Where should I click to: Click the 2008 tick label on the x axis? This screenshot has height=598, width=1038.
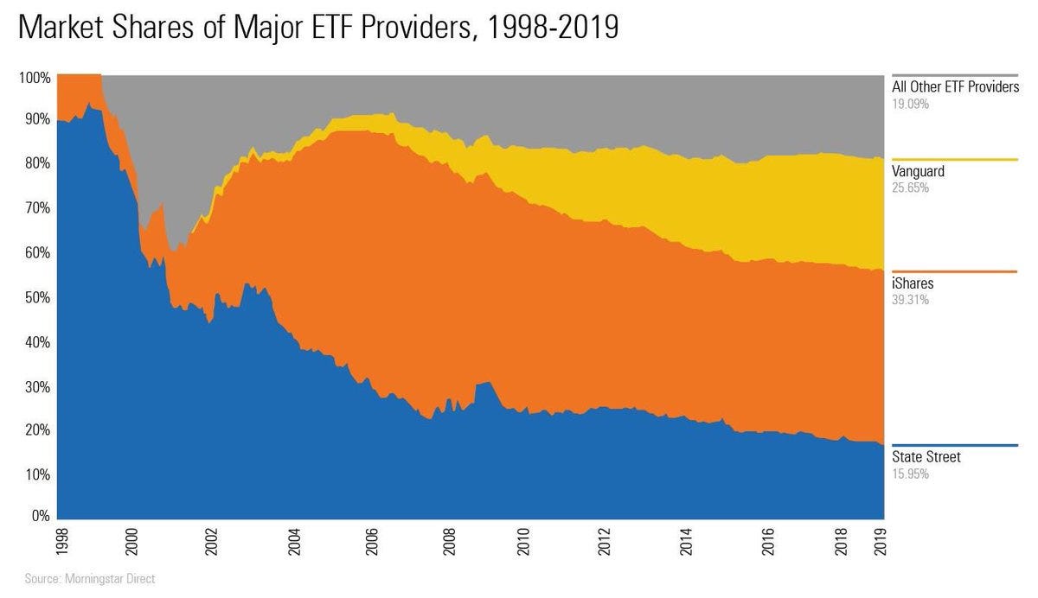(x=447, y=542)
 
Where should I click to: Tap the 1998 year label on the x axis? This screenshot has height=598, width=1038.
(x=58, y=542)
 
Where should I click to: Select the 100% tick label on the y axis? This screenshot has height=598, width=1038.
(x=35, y=78)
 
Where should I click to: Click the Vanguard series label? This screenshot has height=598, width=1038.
(x=918, y=171)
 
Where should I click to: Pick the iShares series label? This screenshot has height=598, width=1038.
(x=913, y=283)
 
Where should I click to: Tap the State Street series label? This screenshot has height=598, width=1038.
(x=926, y=457)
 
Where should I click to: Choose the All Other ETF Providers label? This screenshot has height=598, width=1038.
(x=956, y=86)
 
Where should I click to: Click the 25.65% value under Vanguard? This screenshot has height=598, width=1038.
(x=910, y=188)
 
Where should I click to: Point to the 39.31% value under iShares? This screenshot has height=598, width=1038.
(x=910, y=300)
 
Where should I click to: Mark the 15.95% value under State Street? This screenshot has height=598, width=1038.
(x=910, y=474)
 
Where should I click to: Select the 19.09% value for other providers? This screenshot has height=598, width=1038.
(x=910, y=103)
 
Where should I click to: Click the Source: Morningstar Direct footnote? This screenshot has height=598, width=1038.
(x=90, y=579)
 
